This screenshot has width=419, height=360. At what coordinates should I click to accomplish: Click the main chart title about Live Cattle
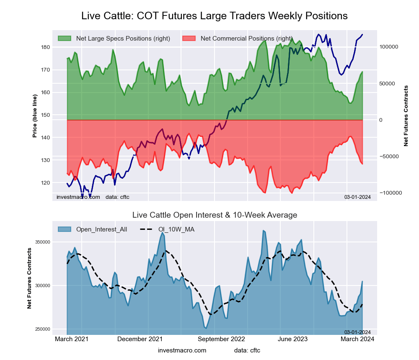pyautogui.click(x=214, y=16)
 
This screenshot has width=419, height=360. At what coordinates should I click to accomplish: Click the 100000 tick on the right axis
pyautogui.click(x=389, y=47)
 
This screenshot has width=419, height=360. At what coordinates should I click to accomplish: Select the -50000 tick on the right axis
pyautogui.click(x=389, y=157)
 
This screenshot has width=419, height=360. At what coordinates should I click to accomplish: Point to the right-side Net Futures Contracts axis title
pyautogui.click(x=406, y=116)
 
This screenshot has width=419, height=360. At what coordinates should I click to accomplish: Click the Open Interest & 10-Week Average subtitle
pyautogui.click(x=215, y=215)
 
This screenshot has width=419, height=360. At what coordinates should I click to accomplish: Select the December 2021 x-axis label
pyautogui.click(x=140, y=339)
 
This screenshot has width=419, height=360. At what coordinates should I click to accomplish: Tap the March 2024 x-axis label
pyautogui.click(x=357, y=339)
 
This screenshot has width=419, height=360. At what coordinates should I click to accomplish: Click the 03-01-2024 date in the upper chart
pyautogui.click(x=357, y=197)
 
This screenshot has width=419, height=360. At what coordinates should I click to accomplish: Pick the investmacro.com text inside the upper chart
pyautogui.click(x=78, y=197)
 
